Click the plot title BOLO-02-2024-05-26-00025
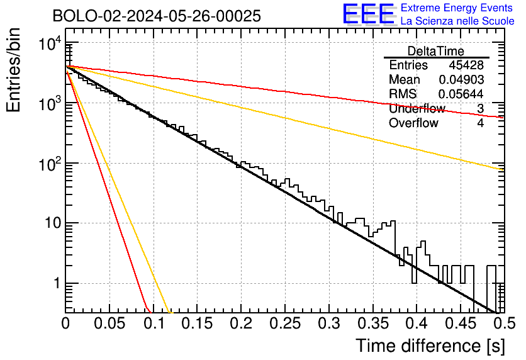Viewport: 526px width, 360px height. pos(157,16)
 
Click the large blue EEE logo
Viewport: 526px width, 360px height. pos(368,14)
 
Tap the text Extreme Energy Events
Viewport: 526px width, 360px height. pos(457,8)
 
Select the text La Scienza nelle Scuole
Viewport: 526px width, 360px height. pos(457,21)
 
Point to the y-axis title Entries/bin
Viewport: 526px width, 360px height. pos(13,70)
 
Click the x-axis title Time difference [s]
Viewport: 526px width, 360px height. pos(430,346)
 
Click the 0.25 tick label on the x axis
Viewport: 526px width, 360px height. pos(285,323)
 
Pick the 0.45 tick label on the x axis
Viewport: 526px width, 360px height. pos(461,323)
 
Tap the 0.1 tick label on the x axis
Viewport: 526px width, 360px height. pos(155,323)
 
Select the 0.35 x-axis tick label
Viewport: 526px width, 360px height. pos(373,323)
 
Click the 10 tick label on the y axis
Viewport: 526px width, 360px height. pos(53,223)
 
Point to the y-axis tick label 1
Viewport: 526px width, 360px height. pos(57,283)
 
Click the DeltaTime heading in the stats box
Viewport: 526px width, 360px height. pos(436,51)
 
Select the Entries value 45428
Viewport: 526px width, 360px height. pos(466,65)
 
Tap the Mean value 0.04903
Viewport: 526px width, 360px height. pos(462,79)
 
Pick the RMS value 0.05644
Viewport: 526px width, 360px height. pos(461,94)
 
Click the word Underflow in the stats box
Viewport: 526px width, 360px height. pos(417,108)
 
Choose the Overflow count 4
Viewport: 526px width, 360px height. pos(481,123)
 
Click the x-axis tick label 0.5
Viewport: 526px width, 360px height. pos(504,323)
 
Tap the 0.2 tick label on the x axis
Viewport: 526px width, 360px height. pos(241,323)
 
